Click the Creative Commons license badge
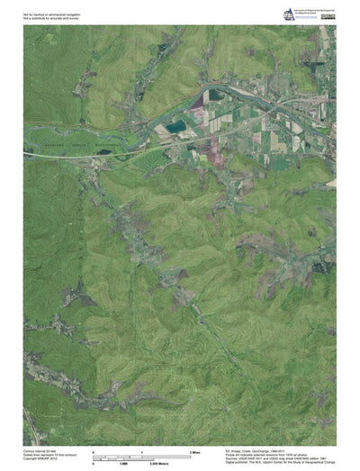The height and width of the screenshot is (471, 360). (x=328, y=15)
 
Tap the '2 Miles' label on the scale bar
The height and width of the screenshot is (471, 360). (x=193, y=449)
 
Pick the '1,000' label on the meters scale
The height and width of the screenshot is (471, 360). (x=123, y=463)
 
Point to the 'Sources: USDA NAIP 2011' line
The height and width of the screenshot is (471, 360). (x=270, y=459)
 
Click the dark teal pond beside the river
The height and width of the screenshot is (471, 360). (x=177, y=126)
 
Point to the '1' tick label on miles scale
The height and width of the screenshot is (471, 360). (x=142, y=449)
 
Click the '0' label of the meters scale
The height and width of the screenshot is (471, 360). (x=94, y=463)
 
